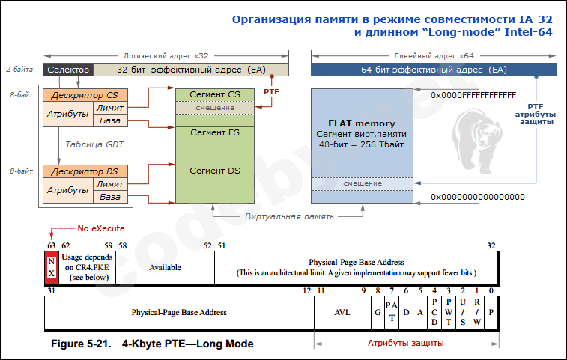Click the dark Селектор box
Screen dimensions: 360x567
coord(69,70)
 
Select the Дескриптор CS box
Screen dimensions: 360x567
coord(85,95)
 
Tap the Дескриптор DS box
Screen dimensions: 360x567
coord(85,171)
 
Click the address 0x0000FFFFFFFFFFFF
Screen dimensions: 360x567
coord(473,96)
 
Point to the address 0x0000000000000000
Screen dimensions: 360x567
coord(477,197)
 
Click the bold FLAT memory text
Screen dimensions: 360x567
coord(362,123)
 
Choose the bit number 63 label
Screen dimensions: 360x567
coord(49,245)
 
